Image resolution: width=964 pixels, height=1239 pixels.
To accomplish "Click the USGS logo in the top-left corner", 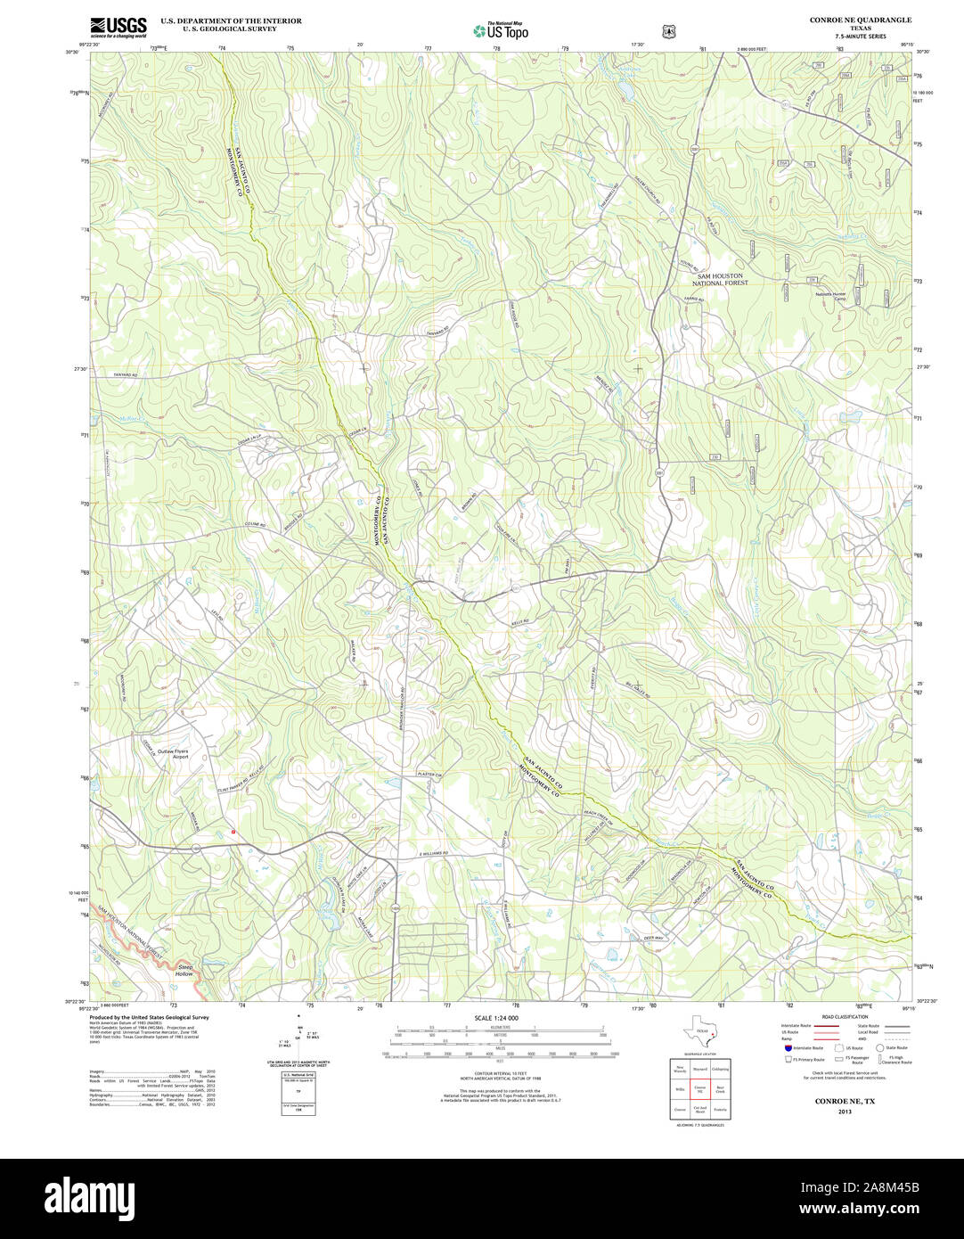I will point(118,27).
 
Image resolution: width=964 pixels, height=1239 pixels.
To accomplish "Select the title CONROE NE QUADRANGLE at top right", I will point(860,20).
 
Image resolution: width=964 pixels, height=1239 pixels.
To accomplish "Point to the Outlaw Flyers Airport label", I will point(187,753).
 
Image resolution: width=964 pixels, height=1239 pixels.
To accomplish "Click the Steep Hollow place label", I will point(184,970).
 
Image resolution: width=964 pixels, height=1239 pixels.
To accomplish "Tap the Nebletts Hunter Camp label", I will point(826,296).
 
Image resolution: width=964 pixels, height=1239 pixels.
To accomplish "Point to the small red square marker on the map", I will point(233,832).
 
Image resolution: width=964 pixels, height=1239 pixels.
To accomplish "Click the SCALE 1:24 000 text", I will point(496,1018).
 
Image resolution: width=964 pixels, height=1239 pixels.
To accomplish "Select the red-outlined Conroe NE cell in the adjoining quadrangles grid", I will point(700,1089).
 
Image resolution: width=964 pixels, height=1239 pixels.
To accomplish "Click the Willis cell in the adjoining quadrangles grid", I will point(680,1089).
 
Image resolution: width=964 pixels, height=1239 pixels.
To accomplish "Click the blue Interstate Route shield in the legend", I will point(788,1048).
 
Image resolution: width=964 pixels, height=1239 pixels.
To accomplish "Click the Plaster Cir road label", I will point(430,775).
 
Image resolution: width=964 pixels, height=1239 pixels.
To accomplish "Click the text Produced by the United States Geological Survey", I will point(149,1017).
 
